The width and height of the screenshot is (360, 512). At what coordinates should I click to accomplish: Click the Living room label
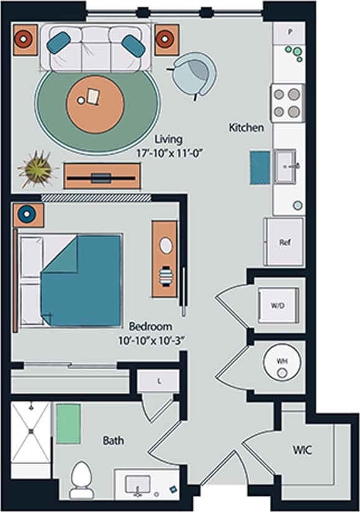[x=167, y=138]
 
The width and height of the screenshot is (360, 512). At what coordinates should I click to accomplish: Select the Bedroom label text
[x=150, y=327]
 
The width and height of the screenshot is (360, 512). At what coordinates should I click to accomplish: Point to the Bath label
[x=113, y=440]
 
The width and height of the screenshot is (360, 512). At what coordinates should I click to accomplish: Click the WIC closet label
[x=302, y=449]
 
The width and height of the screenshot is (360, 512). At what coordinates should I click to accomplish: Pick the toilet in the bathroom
[x=81, y=480]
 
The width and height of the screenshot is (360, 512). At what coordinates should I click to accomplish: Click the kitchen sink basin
[x=287, y=166]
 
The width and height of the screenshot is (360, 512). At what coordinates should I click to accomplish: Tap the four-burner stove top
[x=287, y=103]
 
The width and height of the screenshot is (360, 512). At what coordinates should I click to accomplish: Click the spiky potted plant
[x=38, y=169]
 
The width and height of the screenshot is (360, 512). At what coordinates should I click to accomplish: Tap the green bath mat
[x=68, y=424]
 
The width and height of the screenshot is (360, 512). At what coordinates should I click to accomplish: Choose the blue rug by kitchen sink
[x=260, y=167]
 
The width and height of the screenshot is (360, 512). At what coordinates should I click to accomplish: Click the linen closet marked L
[x=159, y=381]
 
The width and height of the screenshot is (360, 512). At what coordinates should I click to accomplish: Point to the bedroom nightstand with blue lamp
[x=29, y=215]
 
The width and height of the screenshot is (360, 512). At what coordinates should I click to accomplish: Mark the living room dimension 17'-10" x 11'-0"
[x=167, y=151]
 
